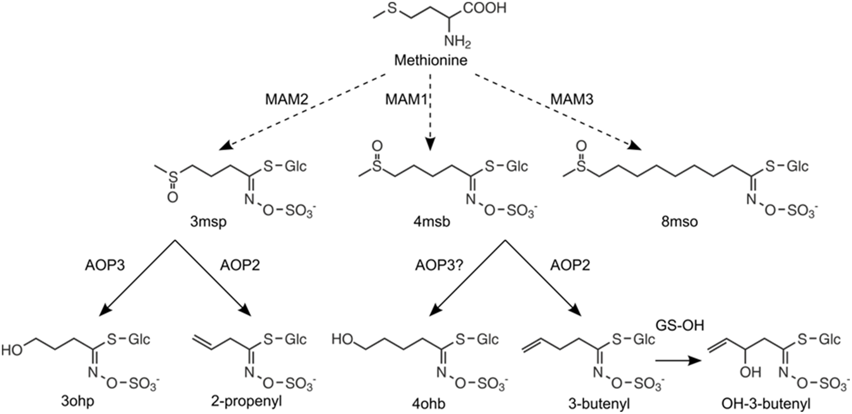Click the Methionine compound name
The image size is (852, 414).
click(430, 60)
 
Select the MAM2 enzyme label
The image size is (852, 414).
click(287, 99)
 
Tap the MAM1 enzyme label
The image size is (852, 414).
click(406, 99)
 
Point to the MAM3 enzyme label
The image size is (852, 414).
click(572, 99)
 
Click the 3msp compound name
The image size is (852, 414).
click(208, 222)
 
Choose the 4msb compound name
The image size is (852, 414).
click(431, 222)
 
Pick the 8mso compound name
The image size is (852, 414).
click(680, 222)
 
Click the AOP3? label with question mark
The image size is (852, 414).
click(439, 265)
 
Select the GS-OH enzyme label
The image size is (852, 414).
click(680, 325)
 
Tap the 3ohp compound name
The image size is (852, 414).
click(78, 401)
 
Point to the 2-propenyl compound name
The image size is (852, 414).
click(246, 401)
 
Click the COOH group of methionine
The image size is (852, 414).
click(484, 8)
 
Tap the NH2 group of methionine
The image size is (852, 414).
click(457, 41)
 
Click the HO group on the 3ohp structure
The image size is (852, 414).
click(12, 350)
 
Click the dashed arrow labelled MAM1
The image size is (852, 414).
click(430, 113)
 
